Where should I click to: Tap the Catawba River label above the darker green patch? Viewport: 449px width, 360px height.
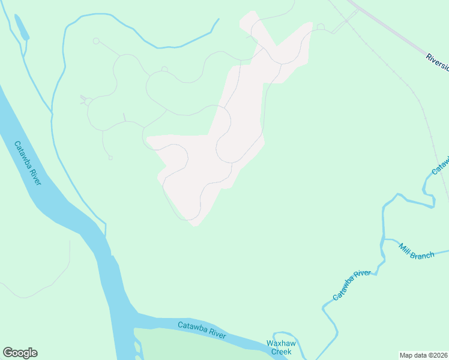[202, 330]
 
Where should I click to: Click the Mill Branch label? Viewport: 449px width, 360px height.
[417, 251]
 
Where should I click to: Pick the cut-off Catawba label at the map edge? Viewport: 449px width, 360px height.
[441, 165]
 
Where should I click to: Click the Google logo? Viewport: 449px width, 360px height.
[20, 353]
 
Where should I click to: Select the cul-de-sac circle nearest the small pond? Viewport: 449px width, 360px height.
[95, 41]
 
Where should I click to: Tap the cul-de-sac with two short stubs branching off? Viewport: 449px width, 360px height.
[88, 101]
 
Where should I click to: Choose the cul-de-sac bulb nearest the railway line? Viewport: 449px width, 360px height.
[321, 27]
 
